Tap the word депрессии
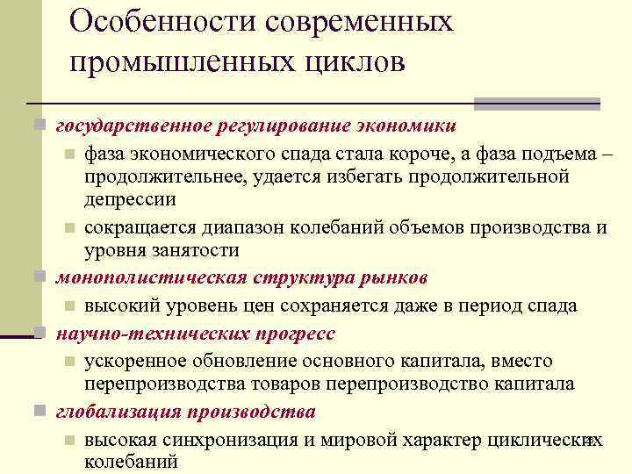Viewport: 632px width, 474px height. click(130, 199)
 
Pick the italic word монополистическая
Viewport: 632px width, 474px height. click(139, 278)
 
